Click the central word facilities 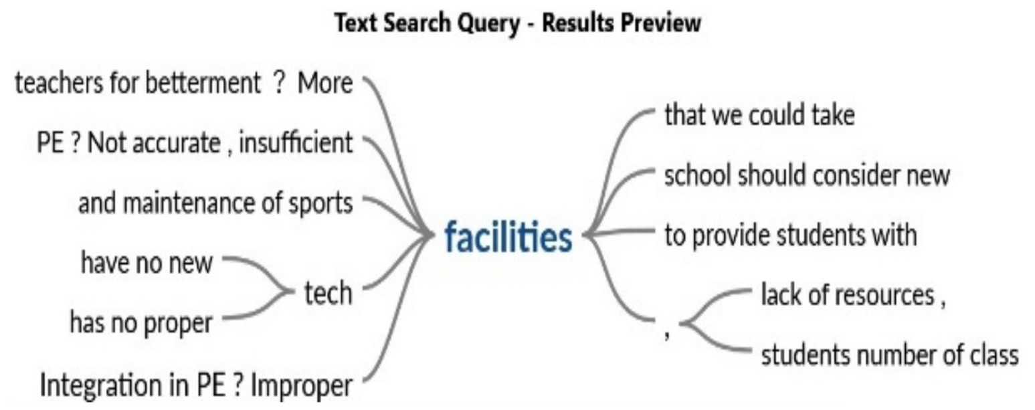click(508, 237)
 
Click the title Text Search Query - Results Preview click(517, 24)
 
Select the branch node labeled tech click(327, 293)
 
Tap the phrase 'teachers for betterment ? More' click(183, 84)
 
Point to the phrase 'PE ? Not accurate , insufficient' click(194, 142)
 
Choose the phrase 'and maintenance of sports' click(215, 203)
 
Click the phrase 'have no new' click(147, 262)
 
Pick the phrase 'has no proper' click(140, 323)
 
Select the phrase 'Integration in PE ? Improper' click(195, 385)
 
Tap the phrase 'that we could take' click(759, 116)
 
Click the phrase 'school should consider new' click(806, 176)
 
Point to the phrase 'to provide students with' click(789, 235)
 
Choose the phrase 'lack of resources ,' click(853, 295)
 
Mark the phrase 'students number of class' click(889, 355)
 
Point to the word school click(696, 176)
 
